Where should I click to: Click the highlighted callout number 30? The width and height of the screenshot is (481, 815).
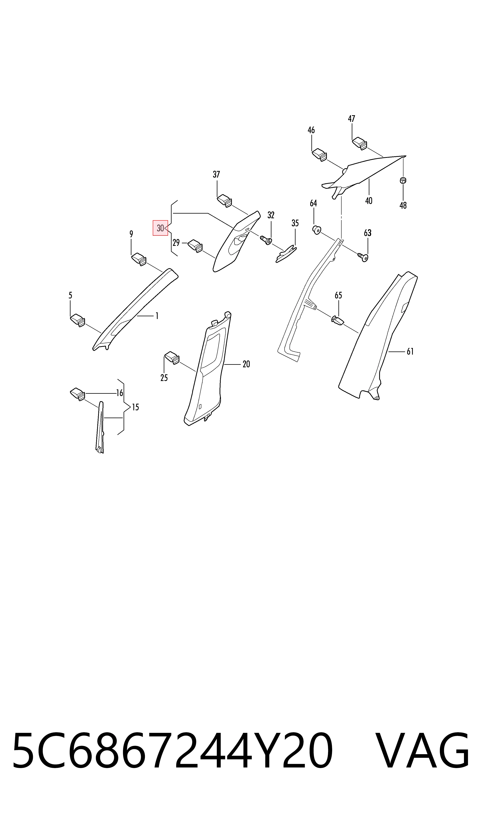160,228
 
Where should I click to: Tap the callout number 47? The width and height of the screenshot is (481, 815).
352,119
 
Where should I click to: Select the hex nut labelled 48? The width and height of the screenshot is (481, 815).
403,180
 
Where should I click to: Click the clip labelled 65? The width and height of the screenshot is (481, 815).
337,320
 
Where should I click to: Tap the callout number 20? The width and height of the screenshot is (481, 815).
246,364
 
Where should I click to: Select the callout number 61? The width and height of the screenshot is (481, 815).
410,351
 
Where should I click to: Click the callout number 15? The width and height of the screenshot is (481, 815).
136,407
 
